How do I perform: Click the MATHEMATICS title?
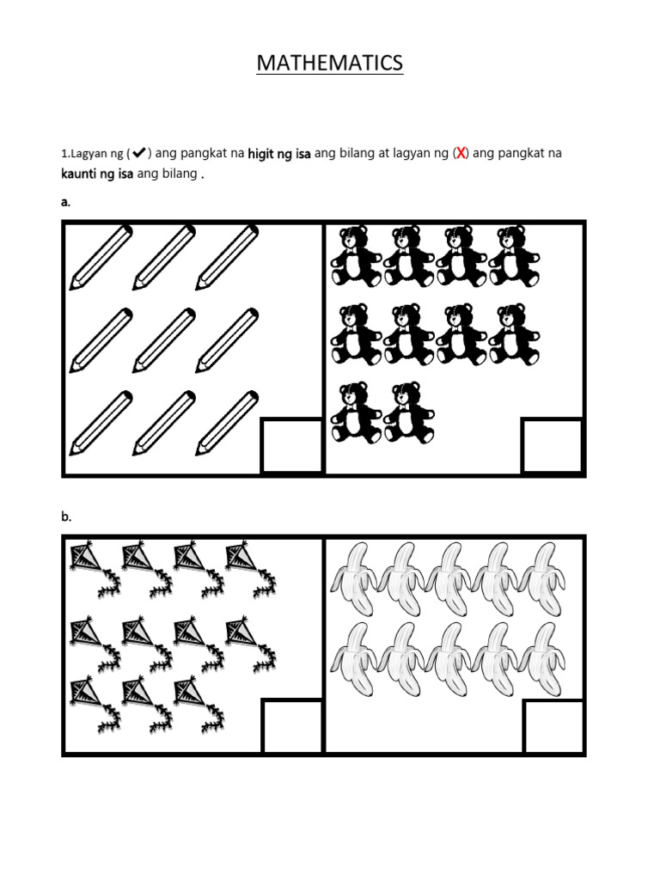point(329,63)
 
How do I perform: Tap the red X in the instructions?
point(461,153)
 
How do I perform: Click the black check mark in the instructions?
point(138,152)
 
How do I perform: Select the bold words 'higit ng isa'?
point(279,153)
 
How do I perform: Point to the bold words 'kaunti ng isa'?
point(97,174)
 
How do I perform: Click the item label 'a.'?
point(65,202)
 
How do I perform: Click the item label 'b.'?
point(66,516)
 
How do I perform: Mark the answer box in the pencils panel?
point(292,446)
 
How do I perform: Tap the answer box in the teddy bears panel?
point(553,446)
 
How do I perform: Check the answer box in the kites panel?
point(292,725)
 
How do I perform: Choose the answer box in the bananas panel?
point(553,725)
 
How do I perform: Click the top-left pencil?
point(101,258)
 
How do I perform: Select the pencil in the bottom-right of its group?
point(227,423)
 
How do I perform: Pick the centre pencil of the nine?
point(164,340)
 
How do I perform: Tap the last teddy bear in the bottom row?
point(409,412)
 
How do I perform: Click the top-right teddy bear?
point(515,256)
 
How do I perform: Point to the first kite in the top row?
point(95,569)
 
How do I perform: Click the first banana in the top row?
point(354,578)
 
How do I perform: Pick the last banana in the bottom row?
point(543,659)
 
